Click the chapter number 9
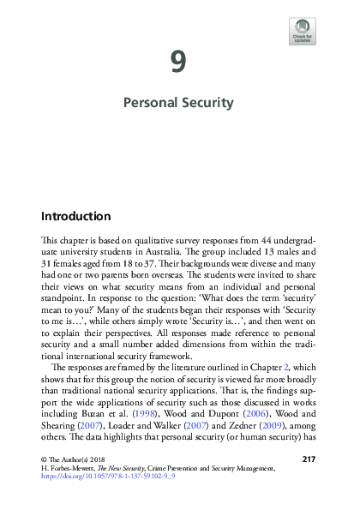(178, 62)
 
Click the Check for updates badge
(303, 31)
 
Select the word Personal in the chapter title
(151, 103)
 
